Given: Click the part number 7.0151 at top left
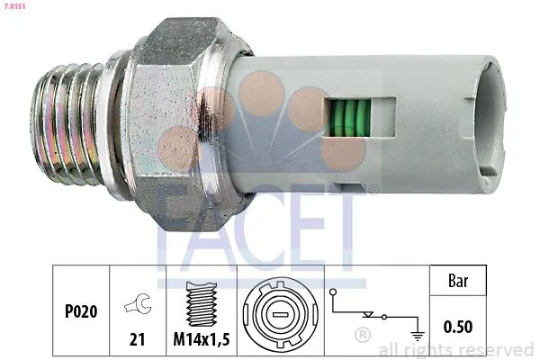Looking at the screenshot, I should (15, 6).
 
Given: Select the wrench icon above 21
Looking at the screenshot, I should (137, 304).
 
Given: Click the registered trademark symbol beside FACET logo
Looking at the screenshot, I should (373, 190).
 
